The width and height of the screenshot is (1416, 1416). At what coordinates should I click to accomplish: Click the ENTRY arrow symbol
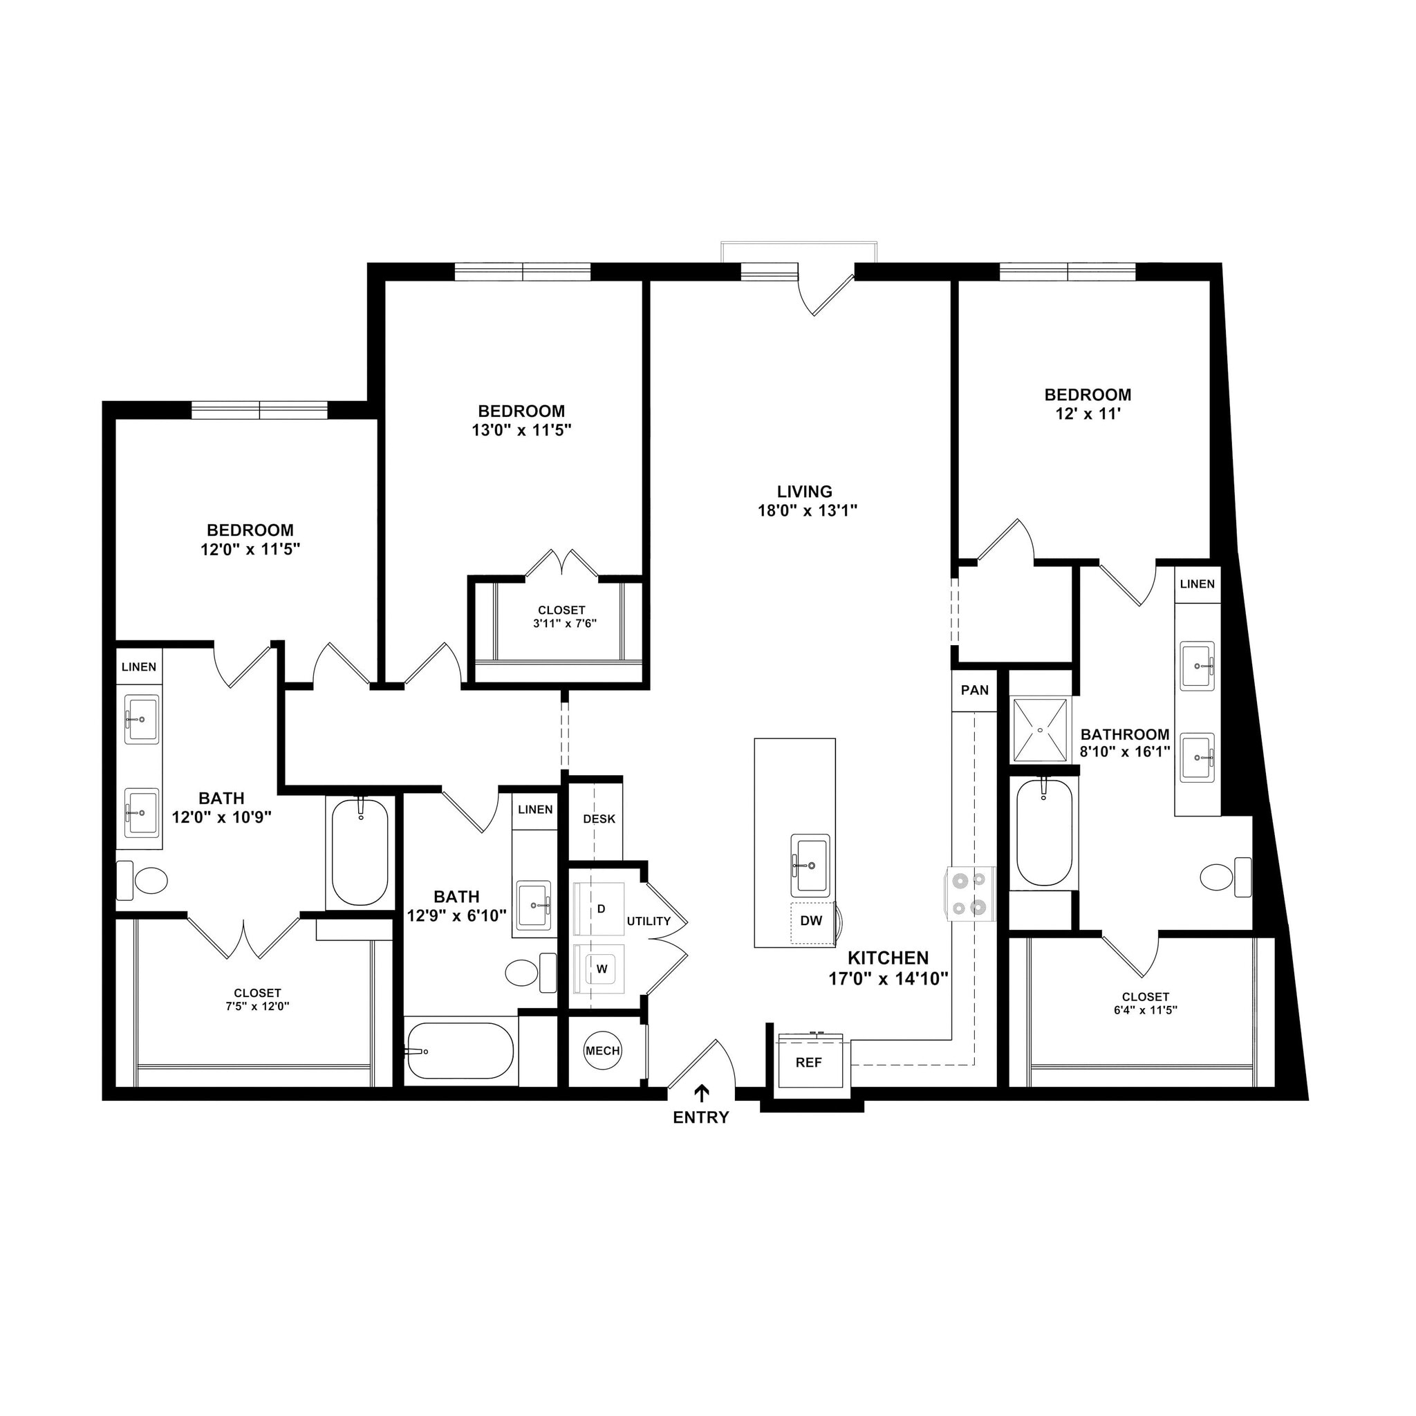click(701, 1094)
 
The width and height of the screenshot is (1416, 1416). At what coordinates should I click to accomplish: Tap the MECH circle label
click(602, 1051)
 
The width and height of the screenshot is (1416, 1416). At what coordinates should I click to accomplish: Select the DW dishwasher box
click(811, 921)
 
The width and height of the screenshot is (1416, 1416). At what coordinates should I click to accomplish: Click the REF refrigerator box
click(809, 1062)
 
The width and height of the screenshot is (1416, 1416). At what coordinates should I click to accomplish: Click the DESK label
click(599, 819)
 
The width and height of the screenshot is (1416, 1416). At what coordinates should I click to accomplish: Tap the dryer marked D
click(599, 909)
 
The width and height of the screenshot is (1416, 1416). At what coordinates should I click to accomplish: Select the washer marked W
click(600, 968)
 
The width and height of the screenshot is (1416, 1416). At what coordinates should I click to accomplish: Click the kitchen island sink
click(810, 865)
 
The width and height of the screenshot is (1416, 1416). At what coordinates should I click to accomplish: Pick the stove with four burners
click(969, 894)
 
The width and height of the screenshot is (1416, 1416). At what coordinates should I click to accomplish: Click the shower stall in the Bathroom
click(1039, 729)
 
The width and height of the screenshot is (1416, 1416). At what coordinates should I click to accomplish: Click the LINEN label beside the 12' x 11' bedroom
click(1198, 584)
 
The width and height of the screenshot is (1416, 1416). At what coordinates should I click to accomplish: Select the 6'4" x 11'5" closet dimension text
click(1146, 1010)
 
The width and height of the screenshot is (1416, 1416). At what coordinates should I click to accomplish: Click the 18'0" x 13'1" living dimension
click(807, 511)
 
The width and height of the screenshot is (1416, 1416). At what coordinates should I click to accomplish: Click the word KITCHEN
click(888, 958)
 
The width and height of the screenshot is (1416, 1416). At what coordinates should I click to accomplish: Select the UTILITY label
click(649, 921)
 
